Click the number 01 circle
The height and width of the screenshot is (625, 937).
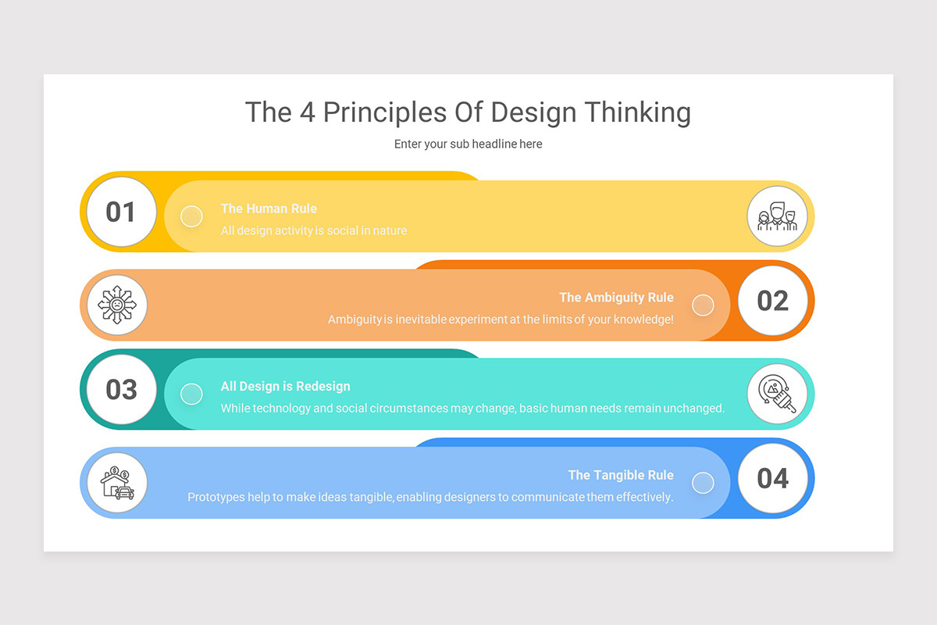(x=121, y=212)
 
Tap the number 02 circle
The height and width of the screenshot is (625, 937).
(x=772, y=301)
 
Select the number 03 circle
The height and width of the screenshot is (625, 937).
(x=121, y=389)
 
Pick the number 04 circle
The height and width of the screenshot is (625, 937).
(x=772, y=478)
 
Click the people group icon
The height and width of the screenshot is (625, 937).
(x=777, y=216)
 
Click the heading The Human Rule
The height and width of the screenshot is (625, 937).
(x=269, y=209)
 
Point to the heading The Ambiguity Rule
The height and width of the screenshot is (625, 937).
(x=616, y=298)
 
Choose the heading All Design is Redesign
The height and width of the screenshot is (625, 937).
(x=285, y=386)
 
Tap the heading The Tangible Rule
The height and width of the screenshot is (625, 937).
(x=621, y=475)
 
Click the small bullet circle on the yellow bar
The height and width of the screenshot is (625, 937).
(x=191, y=216)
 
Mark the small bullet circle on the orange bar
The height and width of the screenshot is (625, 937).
(x=703, y=305)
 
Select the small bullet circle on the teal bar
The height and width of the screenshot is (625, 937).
(x=191, y=394)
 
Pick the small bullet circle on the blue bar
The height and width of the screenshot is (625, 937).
(x=703, y=483)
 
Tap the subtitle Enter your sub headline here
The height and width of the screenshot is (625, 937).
(x=468, y=144)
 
